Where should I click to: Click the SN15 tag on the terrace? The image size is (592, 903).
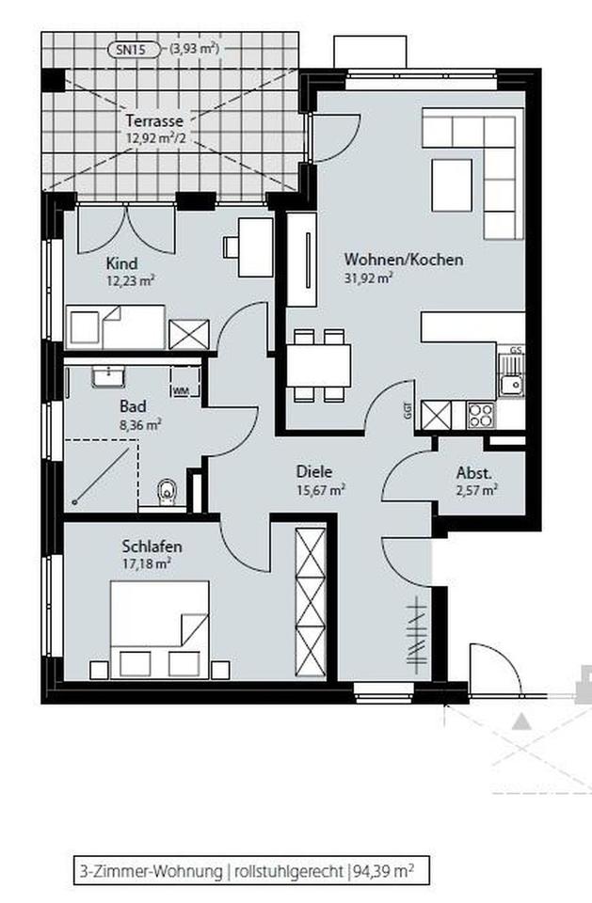pos(135,50)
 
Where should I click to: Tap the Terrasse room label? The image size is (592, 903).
pos(154,121)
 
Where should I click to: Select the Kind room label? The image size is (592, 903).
pos(121,263)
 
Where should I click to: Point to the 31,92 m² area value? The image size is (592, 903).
pos(368,277)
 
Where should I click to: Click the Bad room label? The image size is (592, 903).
pos(133,406)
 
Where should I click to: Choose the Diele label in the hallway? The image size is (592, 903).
pos(314,471)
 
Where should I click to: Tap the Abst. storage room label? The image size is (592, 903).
pos(474,473)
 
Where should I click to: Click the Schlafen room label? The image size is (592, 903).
pos(152,546)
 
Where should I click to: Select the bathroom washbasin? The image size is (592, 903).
pos(108,377)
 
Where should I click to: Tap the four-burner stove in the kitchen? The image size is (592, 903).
pos(481,415)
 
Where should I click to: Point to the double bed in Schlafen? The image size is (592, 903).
pos(159,629)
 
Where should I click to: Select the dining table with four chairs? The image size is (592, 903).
pos(319,365)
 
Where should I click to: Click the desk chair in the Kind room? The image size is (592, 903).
pos(232,247)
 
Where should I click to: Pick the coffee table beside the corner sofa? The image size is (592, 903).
pos(452,185)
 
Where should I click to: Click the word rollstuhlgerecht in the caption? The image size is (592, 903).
pos(287,871)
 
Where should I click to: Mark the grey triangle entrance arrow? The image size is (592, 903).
pos(522,721)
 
